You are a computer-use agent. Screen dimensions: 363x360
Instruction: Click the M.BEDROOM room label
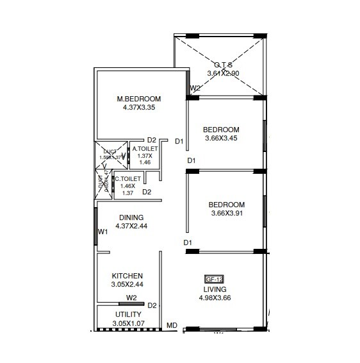click(138, 99)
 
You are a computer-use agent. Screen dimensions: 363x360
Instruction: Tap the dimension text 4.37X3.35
click(138, 108)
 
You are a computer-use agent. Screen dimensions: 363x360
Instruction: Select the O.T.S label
click(223, 64)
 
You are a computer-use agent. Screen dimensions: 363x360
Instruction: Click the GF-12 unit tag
click(213, 279)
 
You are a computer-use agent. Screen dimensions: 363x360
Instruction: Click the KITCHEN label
click(127, 276)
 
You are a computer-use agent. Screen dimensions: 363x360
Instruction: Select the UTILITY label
click(128, 314)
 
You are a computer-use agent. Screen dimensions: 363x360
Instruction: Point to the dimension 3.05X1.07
click(128, 323)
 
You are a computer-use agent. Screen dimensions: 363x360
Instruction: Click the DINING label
click(130, 217)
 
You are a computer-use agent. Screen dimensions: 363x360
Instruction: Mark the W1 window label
click(102, 232)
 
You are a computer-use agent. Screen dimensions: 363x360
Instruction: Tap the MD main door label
click(172, 326)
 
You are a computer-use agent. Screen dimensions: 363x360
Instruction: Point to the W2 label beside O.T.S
click(195, 89)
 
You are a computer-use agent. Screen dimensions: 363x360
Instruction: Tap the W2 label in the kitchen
click(131, 298)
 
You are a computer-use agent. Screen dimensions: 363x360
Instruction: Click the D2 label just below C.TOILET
click(147, 192)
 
